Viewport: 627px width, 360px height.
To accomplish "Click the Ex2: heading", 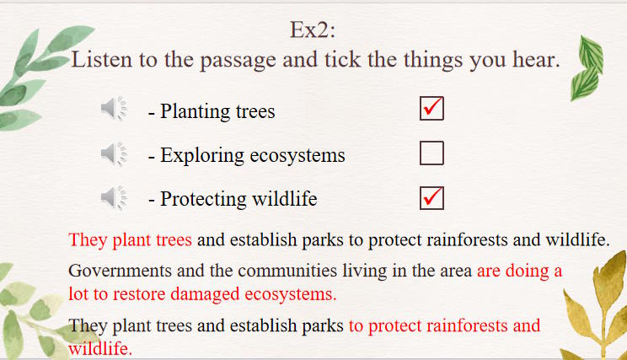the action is (313, 30).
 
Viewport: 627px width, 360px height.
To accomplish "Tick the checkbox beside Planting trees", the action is (431, 108).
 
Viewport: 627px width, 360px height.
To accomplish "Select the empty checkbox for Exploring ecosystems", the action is (431, 153).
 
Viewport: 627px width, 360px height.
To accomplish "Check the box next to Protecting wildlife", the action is (431, 197).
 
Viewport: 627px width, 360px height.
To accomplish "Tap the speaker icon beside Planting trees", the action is (114, 108).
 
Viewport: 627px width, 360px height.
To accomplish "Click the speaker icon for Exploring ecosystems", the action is (114, 153).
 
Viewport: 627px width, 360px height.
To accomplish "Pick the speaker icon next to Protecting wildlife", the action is (114, 197).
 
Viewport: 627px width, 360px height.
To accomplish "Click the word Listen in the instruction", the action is (102, 60).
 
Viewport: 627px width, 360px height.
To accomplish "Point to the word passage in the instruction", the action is (238, 62).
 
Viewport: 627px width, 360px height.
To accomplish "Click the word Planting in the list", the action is (195, 111).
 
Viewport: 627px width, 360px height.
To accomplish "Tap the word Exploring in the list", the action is (202, 156).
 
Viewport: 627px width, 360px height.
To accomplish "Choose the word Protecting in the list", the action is (204, 200).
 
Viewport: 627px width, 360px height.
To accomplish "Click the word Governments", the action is (121, 271).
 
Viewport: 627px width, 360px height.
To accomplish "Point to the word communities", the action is (287, 271).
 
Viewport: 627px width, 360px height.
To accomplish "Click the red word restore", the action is (139, 294).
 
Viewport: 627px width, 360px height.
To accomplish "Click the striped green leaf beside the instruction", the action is (587, 68).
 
